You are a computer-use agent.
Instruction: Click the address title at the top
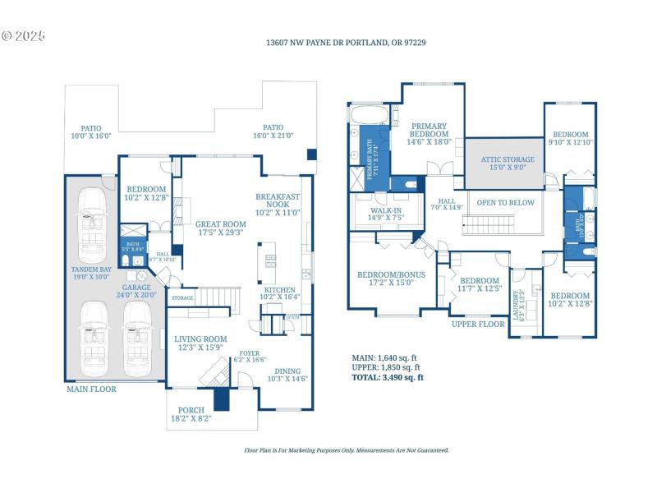click(345, 42)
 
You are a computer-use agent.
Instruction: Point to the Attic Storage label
click(507, 164)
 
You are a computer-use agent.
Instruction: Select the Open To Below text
click(505, 203)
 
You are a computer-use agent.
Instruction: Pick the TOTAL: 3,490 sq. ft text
click(388, 378)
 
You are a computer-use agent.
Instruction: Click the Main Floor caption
click(91, 389)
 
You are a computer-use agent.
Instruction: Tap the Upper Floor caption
click(477, 324)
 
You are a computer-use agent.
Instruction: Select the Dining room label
click(287, 374)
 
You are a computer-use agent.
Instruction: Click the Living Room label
click(200, 343)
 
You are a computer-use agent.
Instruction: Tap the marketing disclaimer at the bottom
click(347, 450)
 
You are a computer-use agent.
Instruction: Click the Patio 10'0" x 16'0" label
click(90, 132)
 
